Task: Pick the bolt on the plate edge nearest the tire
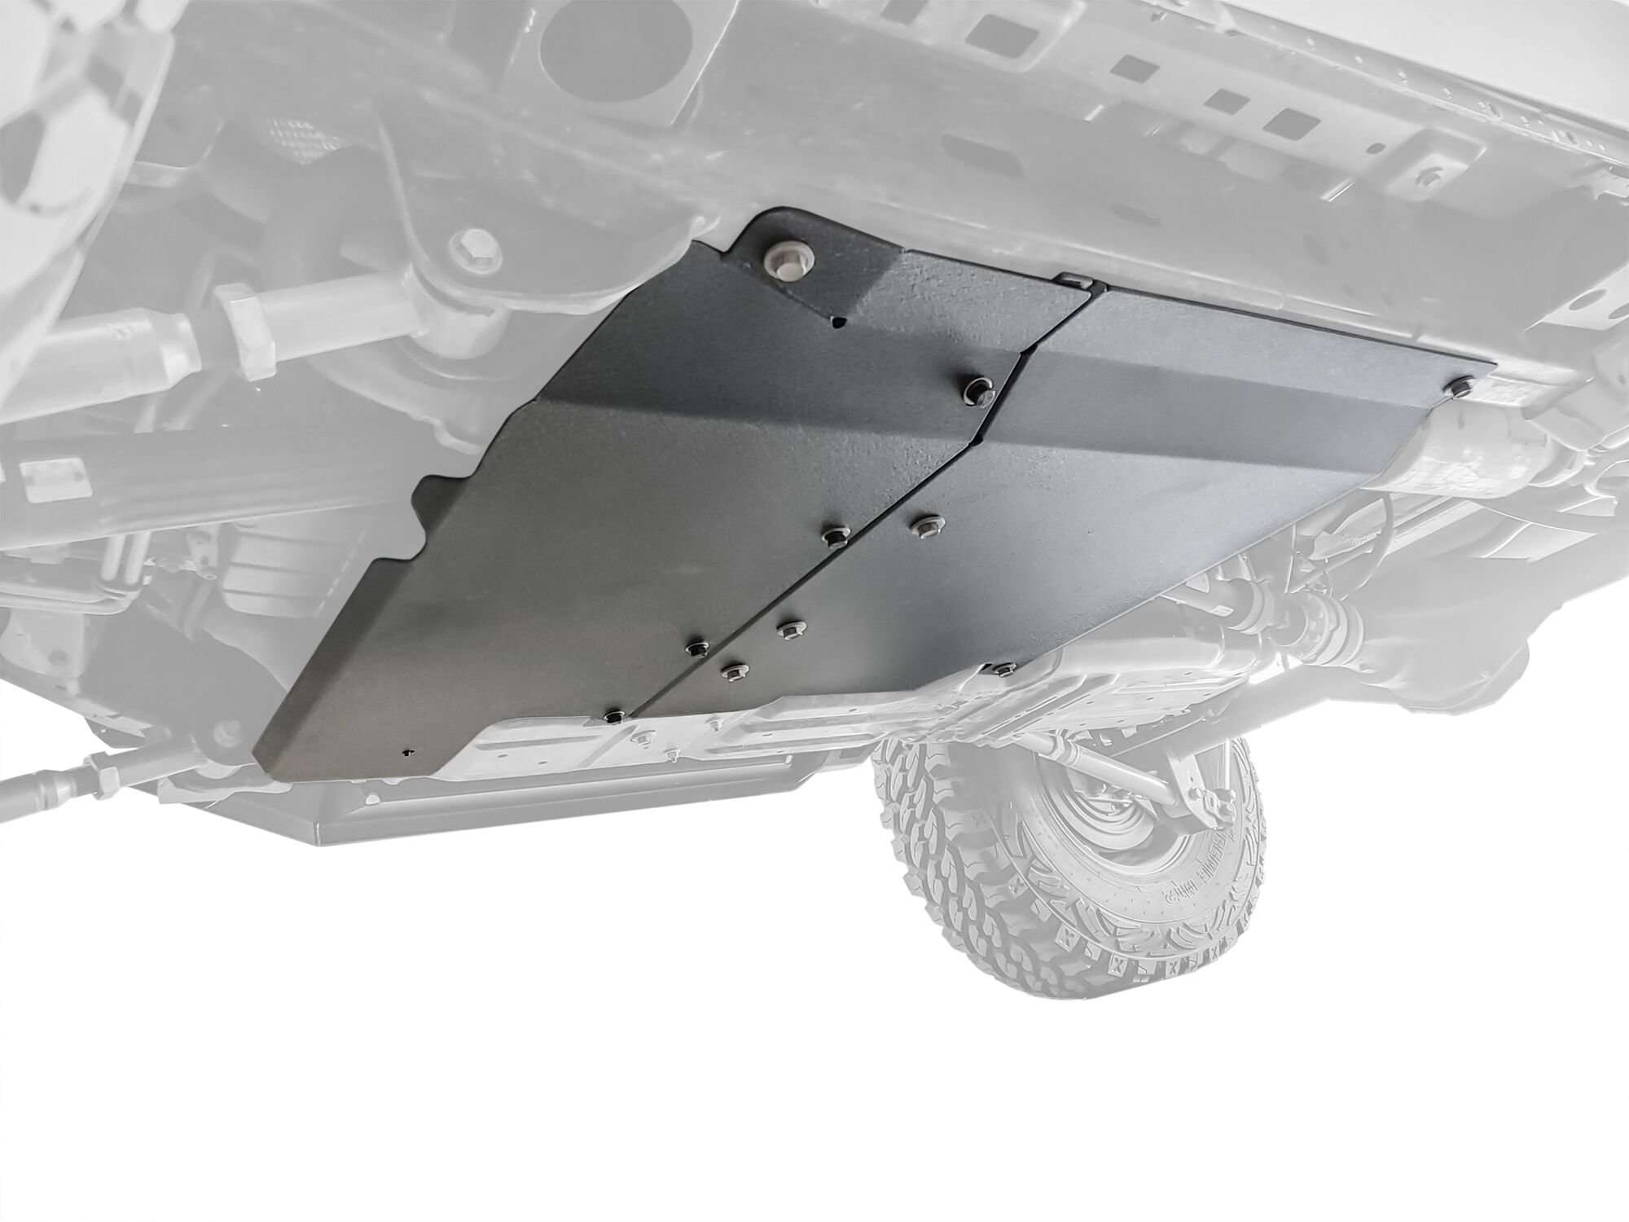point(1003,669)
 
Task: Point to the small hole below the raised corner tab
point(837,323)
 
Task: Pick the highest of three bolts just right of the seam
point(923,525)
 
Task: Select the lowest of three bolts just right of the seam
point(731,670)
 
